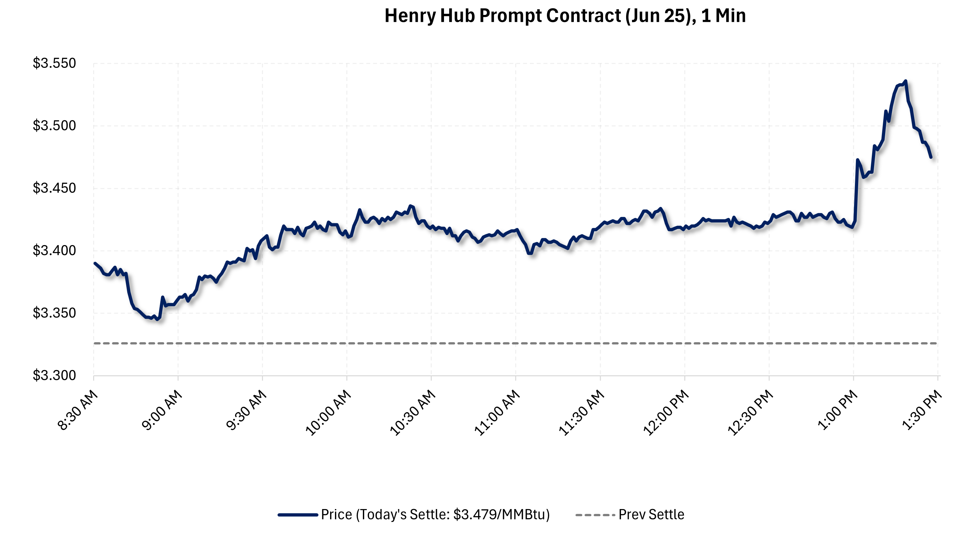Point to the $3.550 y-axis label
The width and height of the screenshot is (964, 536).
[x=54, y=63]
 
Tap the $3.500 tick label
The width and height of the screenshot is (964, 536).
[x=54, y=125]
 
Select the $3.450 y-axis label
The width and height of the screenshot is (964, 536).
[x=54, y=188]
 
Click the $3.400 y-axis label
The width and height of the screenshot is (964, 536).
[x=54, y=250]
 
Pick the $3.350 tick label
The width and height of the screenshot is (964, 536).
[x=54, y=313]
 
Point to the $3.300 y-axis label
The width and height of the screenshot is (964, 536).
[x=54, y=375]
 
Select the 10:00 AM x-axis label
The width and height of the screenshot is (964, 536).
[x=328, y=413]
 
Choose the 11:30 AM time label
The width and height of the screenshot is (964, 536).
[x=582, y=413]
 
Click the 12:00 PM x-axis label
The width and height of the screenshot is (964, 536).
[x=666, y=413]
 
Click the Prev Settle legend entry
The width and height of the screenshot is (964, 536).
[x=651, y=515]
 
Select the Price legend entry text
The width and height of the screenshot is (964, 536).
[x=435, y=515]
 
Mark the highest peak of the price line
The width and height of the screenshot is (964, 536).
[x=905, y=81]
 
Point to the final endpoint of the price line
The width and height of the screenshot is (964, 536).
[x=931, y=157]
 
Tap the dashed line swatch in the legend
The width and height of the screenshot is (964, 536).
[x=595, y=515]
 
